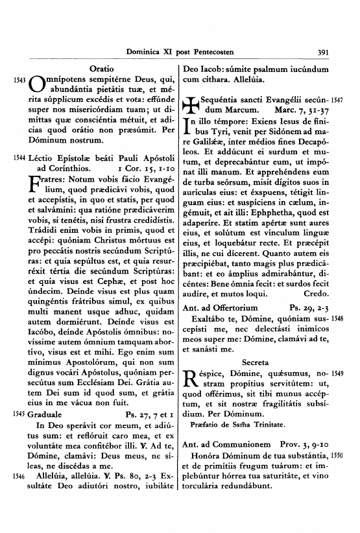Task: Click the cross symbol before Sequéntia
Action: tap(193, 107)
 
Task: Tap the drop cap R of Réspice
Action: tap(192, 397)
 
